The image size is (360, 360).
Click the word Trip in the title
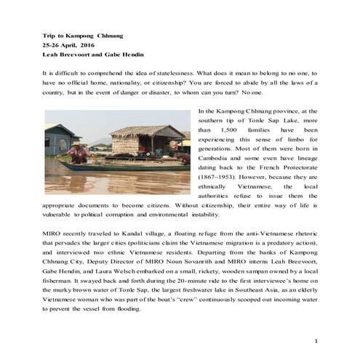click(x=49, y=35)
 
